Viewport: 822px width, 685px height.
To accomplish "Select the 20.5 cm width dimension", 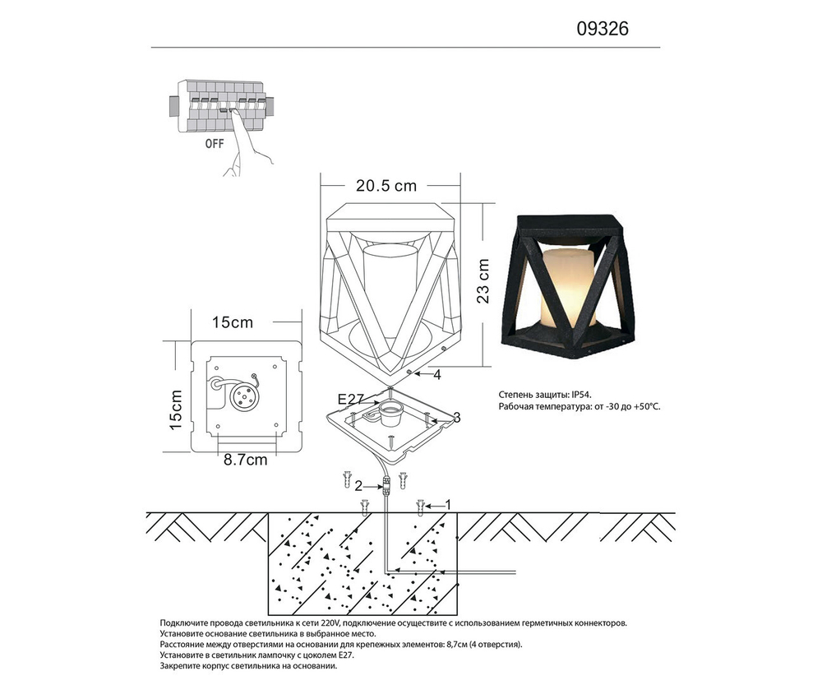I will pos(386,186).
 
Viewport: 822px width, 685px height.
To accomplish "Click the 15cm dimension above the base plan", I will pos(232,322).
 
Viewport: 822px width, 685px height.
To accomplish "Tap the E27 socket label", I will pos(350,399).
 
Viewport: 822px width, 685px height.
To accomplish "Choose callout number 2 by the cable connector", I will pos(358,485).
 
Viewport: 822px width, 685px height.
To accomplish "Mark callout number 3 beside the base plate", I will pos(457,418).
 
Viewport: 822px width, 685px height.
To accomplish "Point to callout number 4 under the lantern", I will pos(437,375).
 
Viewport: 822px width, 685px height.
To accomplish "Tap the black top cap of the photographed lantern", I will pos(567,224).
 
